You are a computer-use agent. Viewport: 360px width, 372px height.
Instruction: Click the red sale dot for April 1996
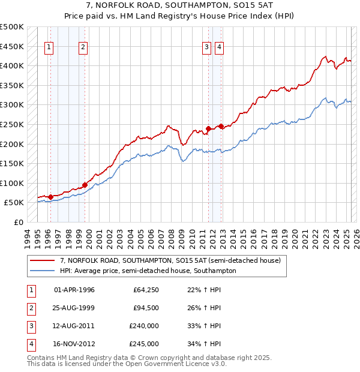click(50, 197)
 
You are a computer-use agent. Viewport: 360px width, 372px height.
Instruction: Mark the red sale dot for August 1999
click(85, 185)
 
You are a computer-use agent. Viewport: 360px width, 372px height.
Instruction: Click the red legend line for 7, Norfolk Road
click(42, 260)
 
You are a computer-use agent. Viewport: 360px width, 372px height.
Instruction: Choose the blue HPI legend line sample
click(42, 271)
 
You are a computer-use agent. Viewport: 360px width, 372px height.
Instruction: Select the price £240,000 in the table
click(144, 326)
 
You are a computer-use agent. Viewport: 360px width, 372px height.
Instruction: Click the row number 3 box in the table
click(31, 326)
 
